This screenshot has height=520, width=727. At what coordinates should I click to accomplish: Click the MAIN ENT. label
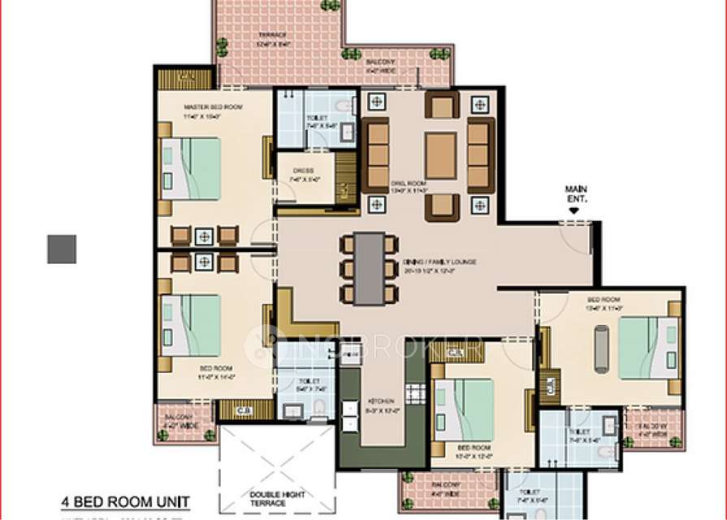coord(575,194)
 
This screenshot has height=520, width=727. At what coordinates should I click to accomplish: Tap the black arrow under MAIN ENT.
coord(574,210)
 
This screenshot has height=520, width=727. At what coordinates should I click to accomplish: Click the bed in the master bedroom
coord(192,168)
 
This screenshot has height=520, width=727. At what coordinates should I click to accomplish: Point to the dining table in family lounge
coord(370,269)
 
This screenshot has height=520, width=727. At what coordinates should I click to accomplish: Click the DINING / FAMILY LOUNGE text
coord(439,262)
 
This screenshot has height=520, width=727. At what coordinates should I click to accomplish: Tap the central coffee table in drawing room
coord(440,155)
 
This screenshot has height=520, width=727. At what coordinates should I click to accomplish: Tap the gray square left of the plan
coord(62,249)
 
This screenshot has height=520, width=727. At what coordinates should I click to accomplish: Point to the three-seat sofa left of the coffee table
coord(375,155)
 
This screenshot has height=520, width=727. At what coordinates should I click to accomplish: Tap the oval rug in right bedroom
coord(601,348)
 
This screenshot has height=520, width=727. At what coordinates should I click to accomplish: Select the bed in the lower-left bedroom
coord(192,325)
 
